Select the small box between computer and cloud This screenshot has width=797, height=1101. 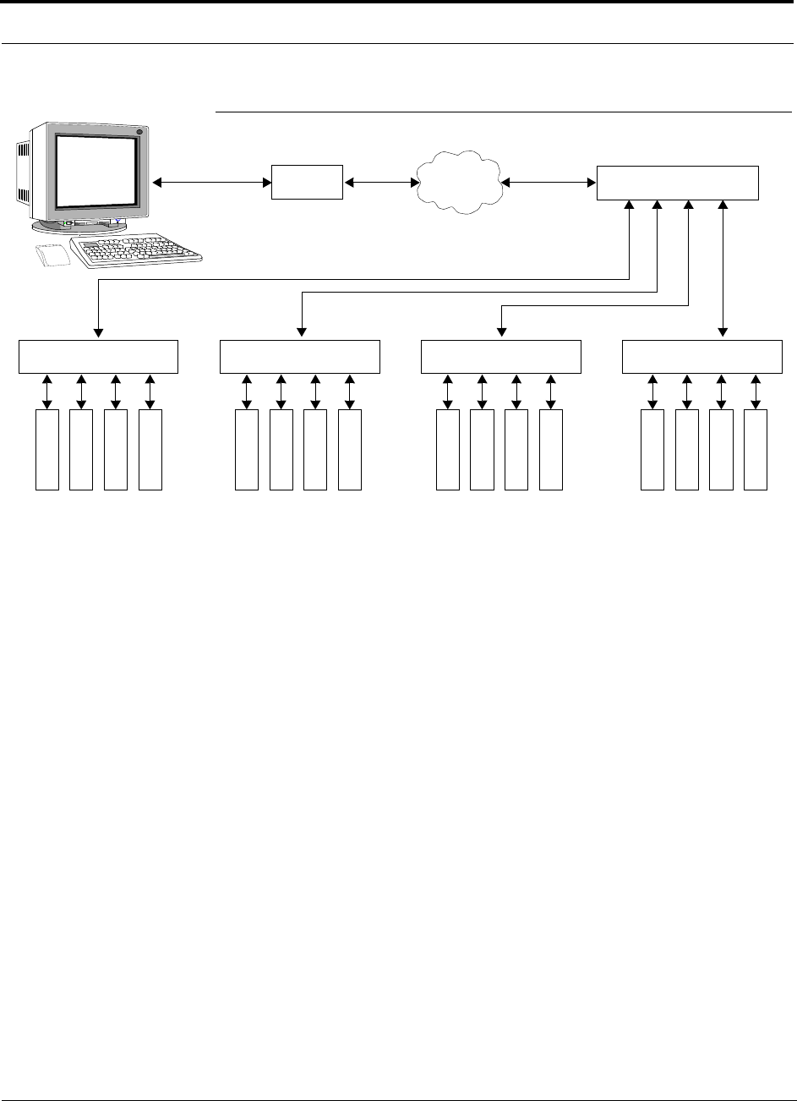tap(307, 182)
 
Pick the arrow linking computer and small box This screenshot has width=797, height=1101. tap(211, 182)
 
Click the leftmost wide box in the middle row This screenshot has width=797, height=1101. tap(99, 356)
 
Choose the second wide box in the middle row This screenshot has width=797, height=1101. tap(300, 356)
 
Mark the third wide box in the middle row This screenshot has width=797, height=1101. tap(501, 356)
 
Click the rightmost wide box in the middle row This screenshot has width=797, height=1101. tap(702, 356)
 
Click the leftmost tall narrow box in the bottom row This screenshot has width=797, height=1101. tap(47, 449)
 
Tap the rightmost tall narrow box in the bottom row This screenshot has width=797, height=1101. tap(756, 449)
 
